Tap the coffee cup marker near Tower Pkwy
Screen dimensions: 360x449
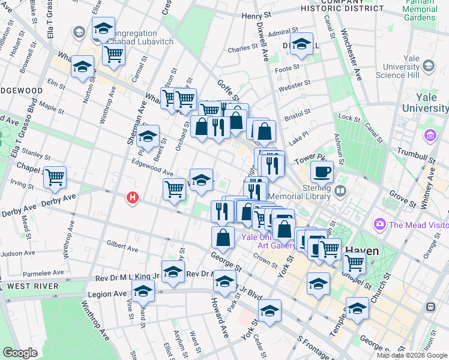point(322,172)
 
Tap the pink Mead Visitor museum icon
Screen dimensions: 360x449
point(379,225)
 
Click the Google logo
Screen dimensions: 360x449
point(20,352)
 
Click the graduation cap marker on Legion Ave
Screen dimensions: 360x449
point(143,292)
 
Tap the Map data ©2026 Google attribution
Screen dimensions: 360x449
point(411,355)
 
